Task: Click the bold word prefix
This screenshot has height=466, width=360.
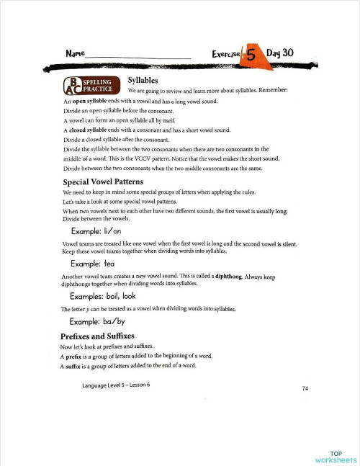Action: [75, 357]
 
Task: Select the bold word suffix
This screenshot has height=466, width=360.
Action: [74, 366]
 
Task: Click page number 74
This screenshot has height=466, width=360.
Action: [305, 388]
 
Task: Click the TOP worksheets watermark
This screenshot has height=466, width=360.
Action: [336, 456]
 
